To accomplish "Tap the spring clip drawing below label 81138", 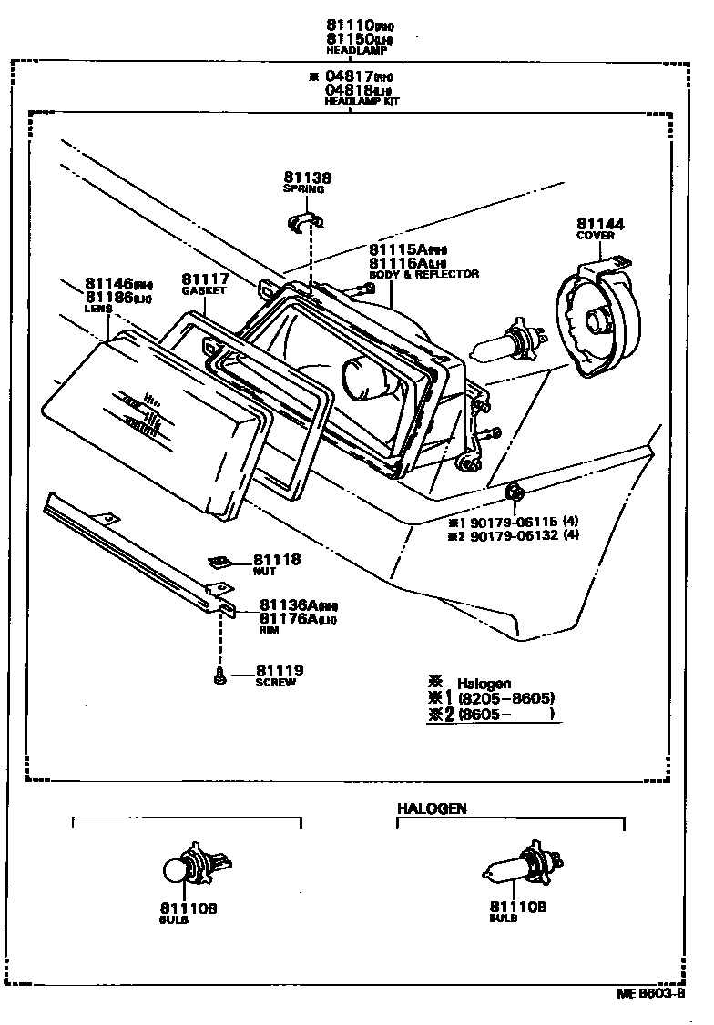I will coord(309,222).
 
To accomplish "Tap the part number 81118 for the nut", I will coord(277,560).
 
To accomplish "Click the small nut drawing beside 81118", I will coord(219,563).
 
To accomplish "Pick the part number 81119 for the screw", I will coord(280,671).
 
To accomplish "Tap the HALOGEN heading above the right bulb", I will coord(432,808).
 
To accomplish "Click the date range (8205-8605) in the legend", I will coord(508,698).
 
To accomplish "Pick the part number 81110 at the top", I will coord(347,26).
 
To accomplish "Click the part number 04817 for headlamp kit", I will coord(348,77).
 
